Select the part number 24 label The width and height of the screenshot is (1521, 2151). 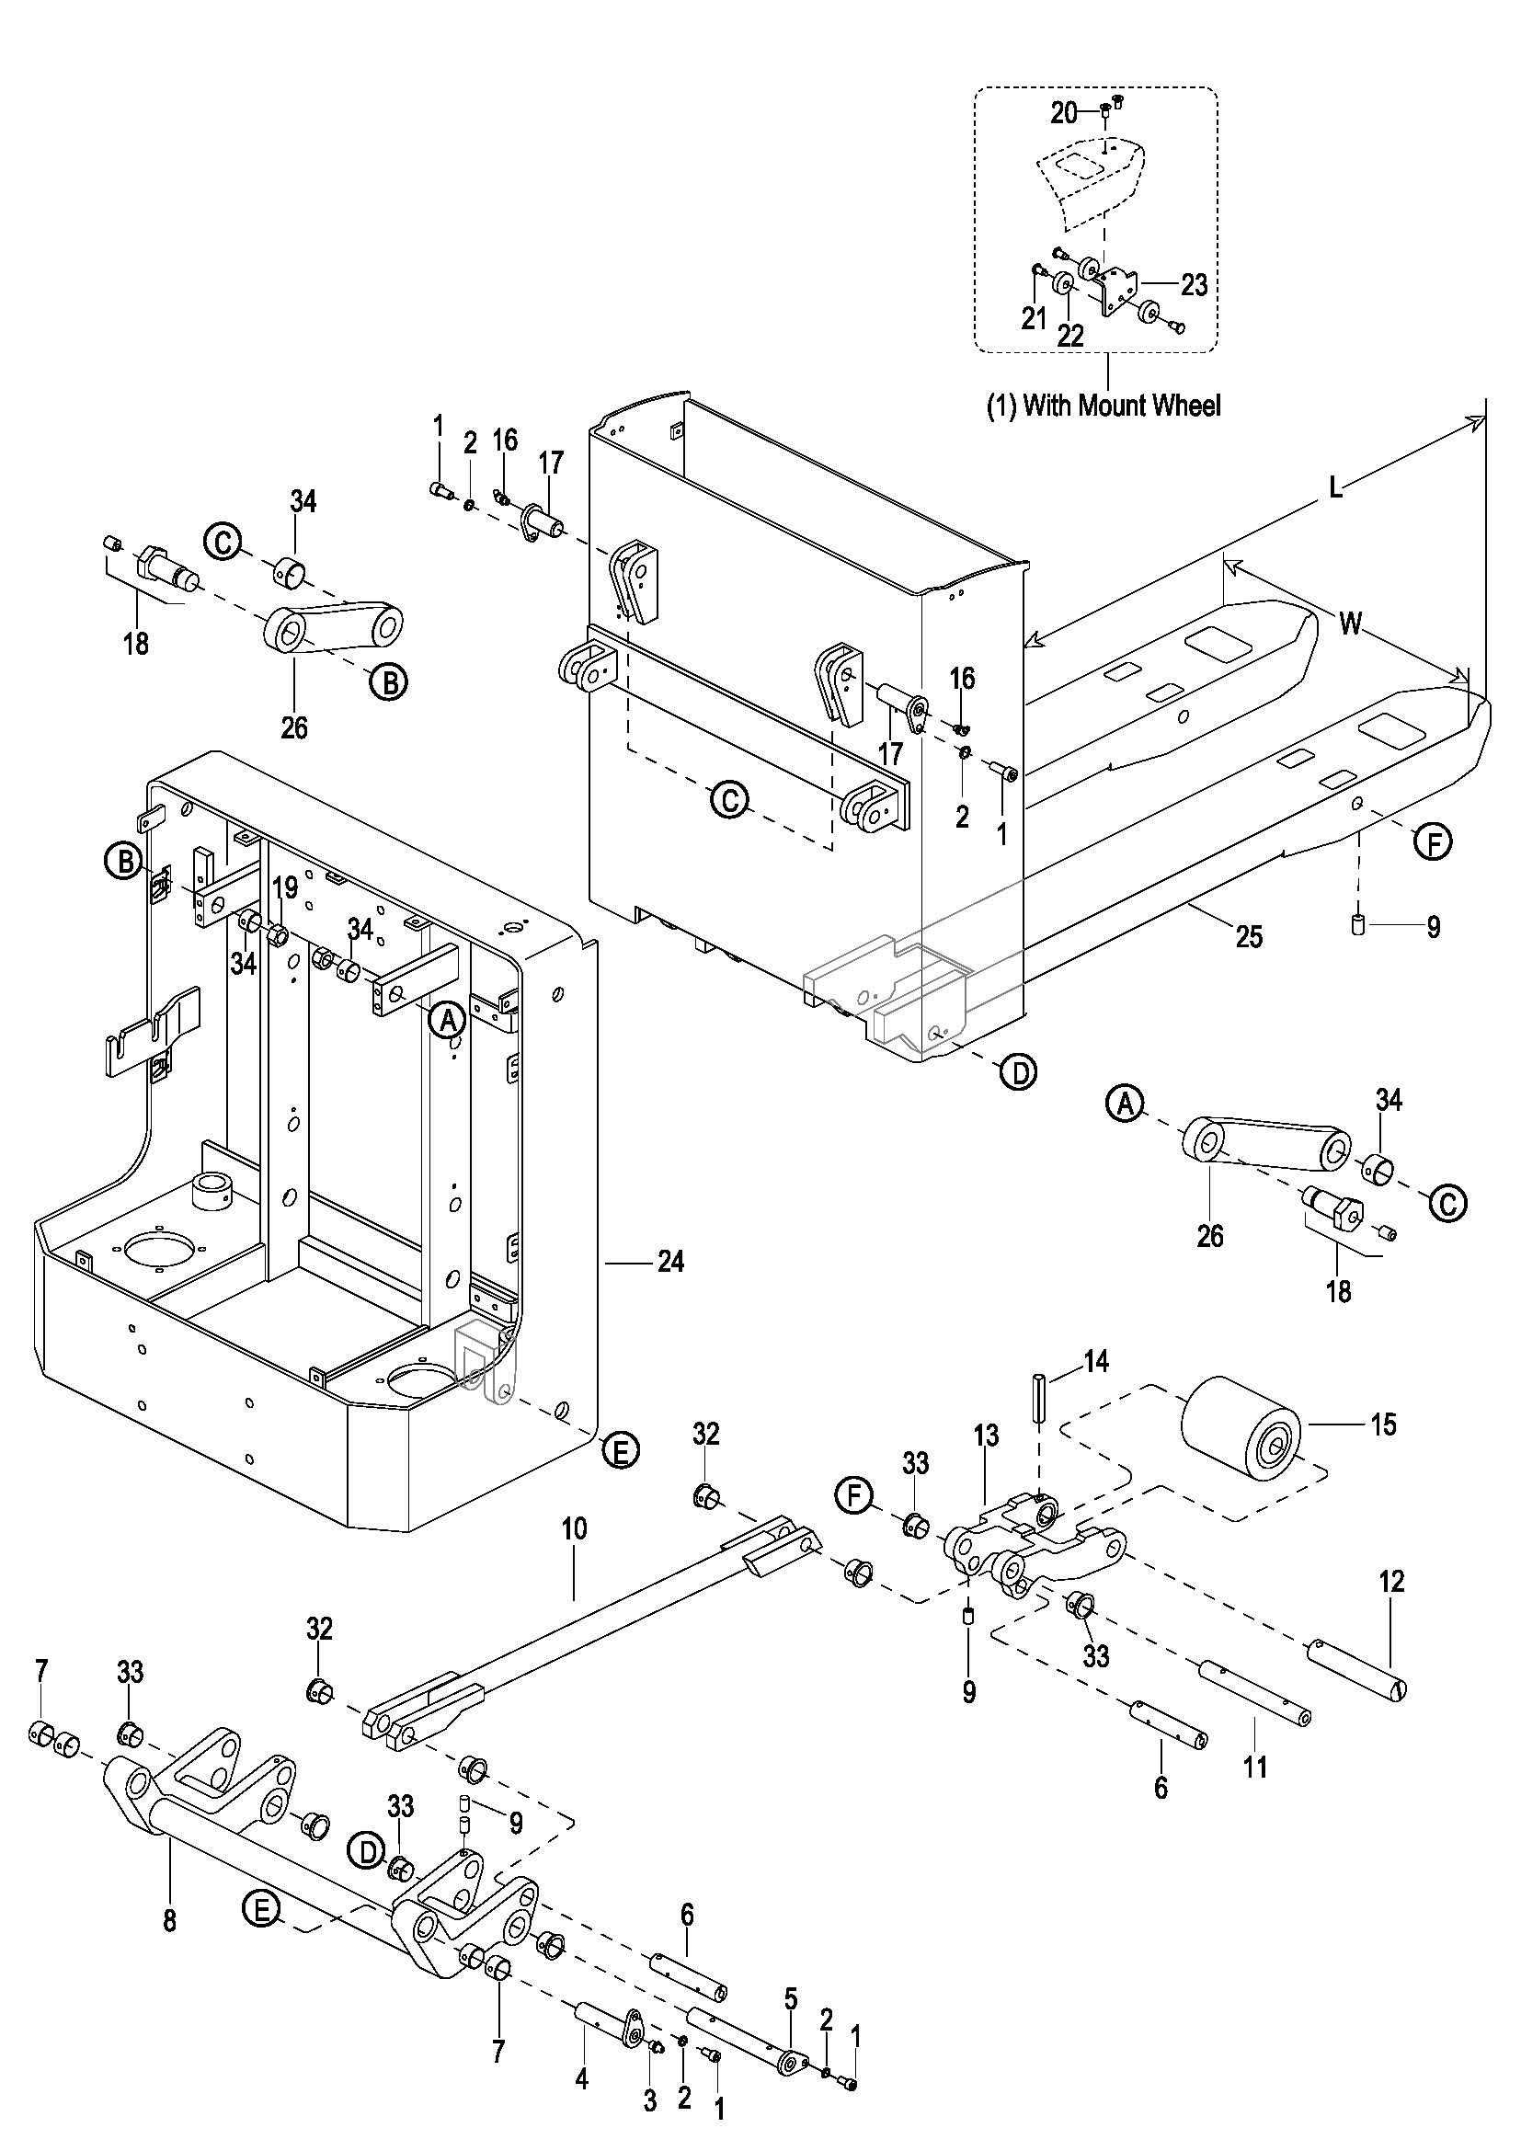coord(669,1262)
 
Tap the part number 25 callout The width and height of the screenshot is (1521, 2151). coord(1249,936)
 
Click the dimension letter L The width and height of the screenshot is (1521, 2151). coord(1335,488)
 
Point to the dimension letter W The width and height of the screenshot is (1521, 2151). coord(1350,623)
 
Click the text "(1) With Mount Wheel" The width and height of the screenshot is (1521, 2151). coord(1104,406)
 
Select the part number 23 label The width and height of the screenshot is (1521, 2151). coord(1194,285)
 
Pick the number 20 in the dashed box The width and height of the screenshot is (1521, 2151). coord(1064,113)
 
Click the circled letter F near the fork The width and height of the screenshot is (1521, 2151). coord(1433,842)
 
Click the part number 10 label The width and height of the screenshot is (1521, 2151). coord(574,1530)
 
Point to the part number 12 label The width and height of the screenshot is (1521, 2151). coord(1391,1583)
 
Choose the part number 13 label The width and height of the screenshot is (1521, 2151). coord(986,1436)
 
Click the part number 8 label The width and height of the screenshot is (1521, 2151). coord(169,1921)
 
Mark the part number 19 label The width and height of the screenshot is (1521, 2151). coord(285,887)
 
